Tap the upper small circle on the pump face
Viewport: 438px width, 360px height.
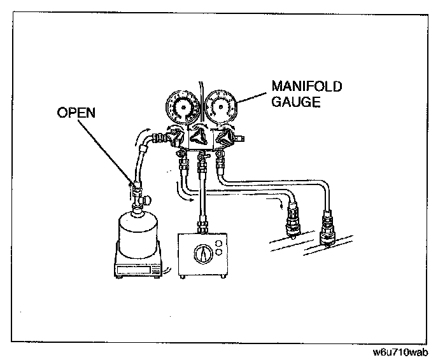[x=219, y=243]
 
